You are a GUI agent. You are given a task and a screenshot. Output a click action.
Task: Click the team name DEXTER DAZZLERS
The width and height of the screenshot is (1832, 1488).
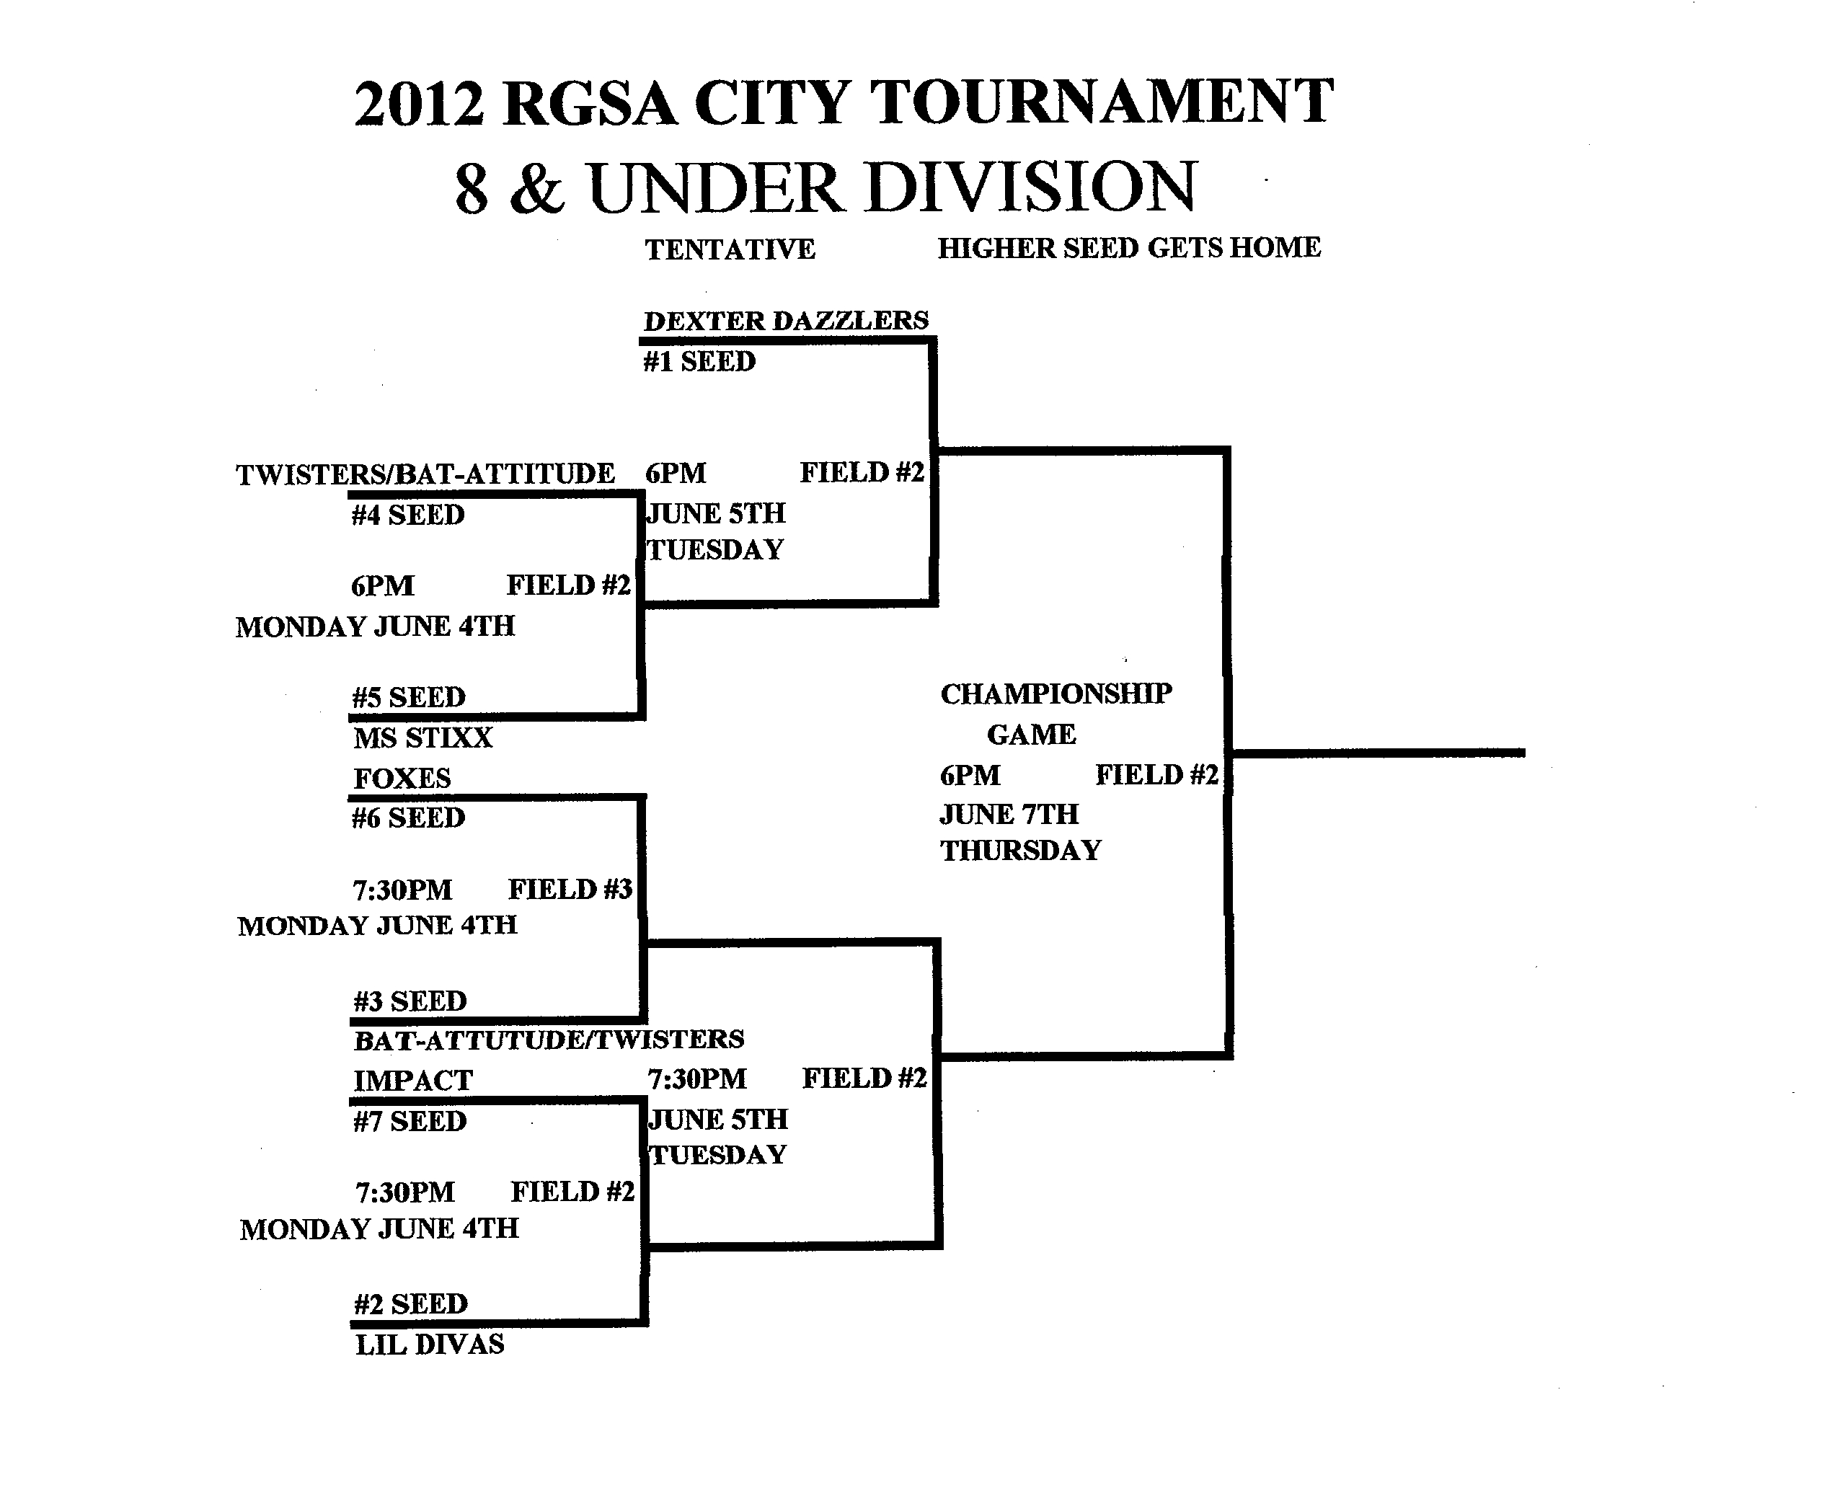tap(785, 321)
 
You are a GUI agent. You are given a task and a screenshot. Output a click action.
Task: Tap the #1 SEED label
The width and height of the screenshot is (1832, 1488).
tap(699, 362)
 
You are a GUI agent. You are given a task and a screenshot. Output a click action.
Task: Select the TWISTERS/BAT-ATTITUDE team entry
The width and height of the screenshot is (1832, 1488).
tap(425, 474)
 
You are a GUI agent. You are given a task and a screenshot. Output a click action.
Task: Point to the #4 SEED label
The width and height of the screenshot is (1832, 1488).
tap(408, 515)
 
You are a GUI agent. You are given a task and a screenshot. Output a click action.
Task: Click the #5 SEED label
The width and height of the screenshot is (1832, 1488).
tap(409, 697)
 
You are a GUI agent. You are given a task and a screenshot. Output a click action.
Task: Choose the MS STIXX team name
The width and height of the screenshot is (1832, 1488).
tap(422, 738)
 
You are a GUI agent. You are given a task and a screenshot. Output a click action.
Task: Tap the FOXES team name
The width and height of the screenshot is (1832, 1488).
tap(402, 779)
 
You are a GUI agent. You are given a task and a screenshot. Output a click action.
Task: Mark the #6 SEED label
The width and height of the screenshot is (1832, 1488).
tap(408, 818)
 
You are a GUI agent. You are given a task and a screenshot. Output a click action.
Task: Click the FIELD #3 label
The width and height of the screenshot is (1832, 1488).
tap(570, 890)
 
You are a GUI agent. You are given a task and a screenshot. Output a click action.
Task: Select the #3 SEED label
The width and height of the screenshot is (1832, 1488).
tap(410, 1001)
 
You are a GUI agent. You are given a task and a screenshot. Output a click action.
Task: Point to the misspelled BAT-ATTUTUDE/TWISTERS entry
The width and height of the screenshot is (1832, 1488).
tap(549, 1040)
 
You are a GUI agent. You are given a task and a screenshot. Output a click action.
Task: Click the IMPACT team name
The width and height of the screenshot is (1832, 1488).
tap(412, 1081)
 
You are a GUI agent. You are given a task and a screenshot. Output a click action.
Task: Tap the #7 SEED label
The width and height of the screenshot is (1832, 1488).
tap(410, 1121)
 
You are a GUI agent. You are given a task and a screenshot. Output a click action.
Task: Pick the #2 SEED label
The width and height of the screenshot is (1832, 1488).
tap(411, 1303)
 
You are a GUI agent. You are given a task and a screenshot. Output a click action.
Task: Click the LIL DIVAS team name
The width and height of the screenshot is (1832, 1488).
tap(430, 1344)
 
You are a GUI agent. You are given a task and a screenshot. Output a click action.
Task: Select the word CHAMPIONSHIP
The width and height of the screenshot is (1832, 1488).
tap(1056, 694)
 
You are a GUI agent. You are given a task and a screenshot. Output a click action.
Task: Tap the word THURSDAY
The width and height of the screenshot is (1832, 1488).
tap(1020, 850)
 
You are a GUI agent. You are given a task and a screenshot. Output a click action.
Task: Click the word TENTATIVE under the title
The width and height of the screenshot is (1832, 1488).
tap(730, 249)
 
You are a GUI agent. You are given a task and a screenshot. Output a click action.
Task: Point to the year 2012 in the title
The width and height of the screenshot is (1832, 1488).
tap(419, 104)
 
